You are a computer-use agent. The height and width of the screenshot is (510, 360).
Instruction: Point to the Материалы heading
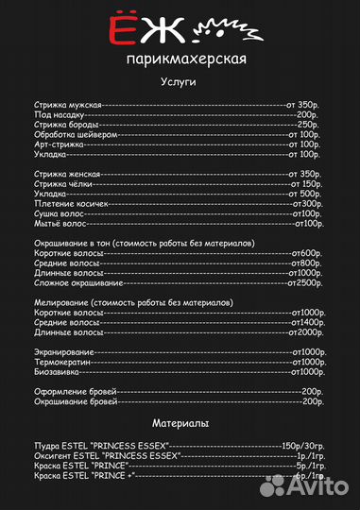click(180, 423)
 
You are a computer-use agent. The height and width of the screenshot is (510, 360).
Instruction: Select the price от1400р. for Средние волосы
click(307, 322)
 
